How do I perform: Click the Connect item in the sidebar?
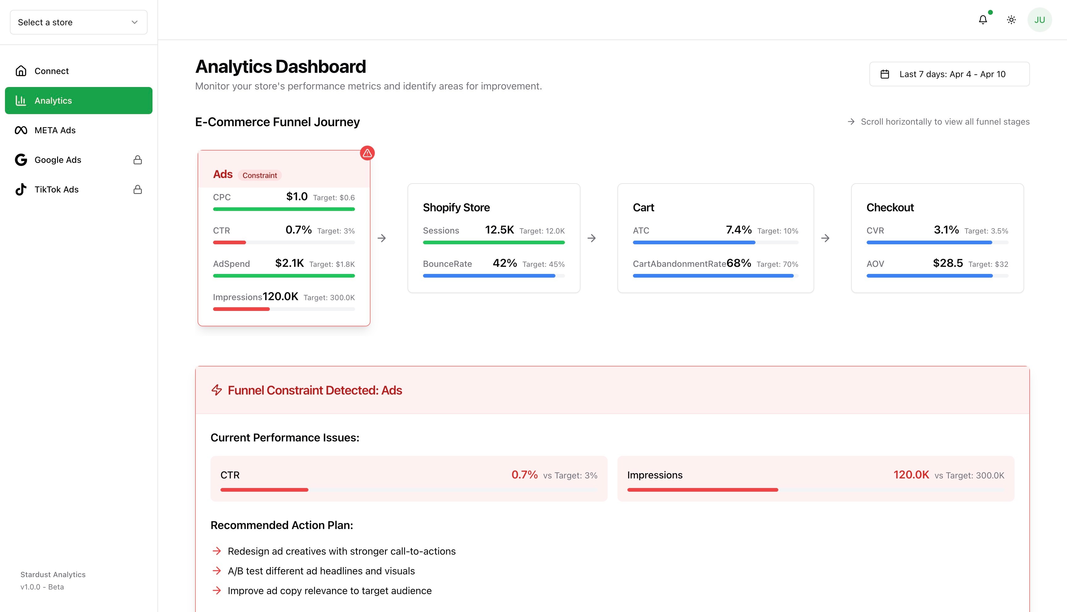[x=51, y=71]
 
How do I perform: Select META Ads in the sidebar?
[x=55, y=130]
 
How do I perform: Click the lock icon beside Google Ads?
[x=137, y=160]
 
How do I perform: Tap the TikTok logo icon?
[x=21, y=190]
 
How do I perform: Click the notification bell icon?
[x=982, y=20]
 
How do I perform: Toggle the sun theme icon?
[x=1011, y=20]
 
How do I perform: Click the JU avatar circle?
[x=1039, y=20]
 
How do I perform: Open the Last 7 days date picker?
[x=949, y=74]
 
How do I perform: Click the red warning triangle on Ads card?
[x=367, y=153]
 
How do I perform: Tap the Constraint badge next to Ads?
[x=260, y=175]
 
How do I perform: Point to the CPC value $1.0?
[x=296, y=197]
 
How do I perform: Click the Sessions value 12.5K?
[x=499, y=230]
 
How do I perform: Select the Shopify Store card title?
[x=456, y=208]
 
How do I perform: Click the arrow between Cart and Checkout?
[x=825, y=238]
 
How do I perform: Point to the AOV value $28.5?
[x=948, y=263]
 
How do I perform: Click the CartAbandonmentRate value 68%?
[x=739, y=263]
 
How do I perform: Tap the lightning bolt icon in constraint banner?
[x=217, y=390]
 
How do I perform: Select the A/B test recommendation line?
[x=321, y=571]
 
